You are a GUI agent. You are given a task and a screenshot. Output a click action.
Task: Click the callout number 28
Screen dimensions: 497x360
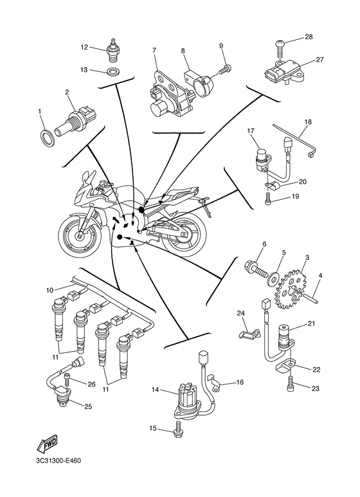[309, 37]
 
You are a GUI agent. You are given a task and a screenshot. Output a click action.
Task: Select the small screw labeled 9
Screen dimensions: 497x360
[224, 68]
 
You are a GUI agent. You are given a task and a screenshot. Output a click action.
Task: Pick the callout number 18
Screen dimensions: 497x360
[307, 122]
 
